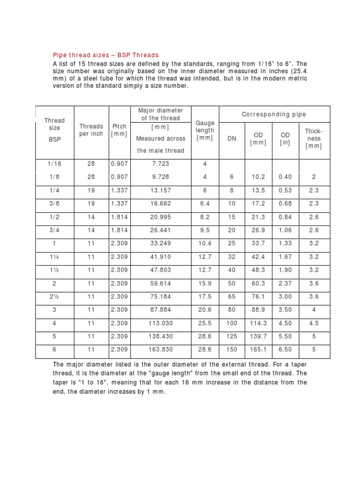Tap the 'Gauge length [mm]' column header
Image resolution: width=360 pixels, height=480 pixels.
(x=204, y=130)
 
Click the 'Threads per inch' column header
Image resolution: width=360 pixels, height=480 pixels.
(x=91, y=130)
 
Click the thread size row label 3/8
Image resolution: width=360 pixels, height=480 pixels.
(x=53, y=204)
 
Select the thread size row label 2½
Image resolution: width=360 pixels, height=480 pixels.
(x=53, y=297)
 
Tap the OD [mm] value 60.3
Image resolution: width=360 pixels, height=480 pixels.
(x=258, y=284)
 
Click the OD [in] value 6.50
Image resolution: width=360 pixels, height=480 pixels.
(x=285, y=350)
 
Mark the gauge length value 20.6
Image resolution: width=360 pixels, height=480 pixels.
(x=204, y=310)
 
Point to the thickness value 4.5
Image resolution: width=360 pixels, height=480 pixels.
(x=313, y=323)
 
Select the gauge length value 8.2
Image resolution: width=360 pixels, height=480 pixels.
(x=204, y=217)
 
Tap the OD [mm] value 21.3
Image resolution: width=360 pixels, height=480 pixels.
(x=258, y=217)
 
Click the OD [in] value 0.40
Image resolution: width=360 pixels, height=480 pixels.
(x=285, y=177)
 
